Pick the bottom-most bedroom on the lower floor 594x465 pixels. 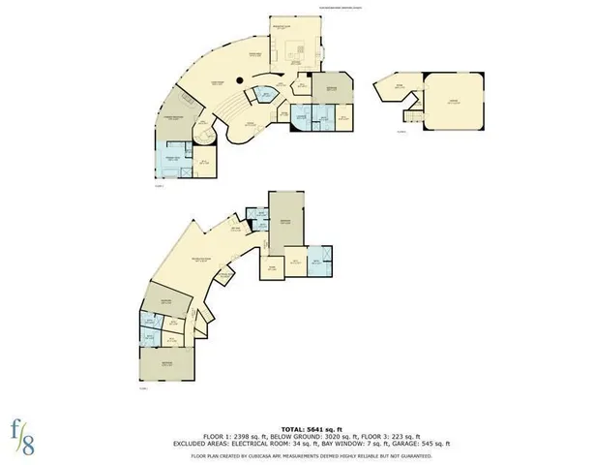168,366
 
